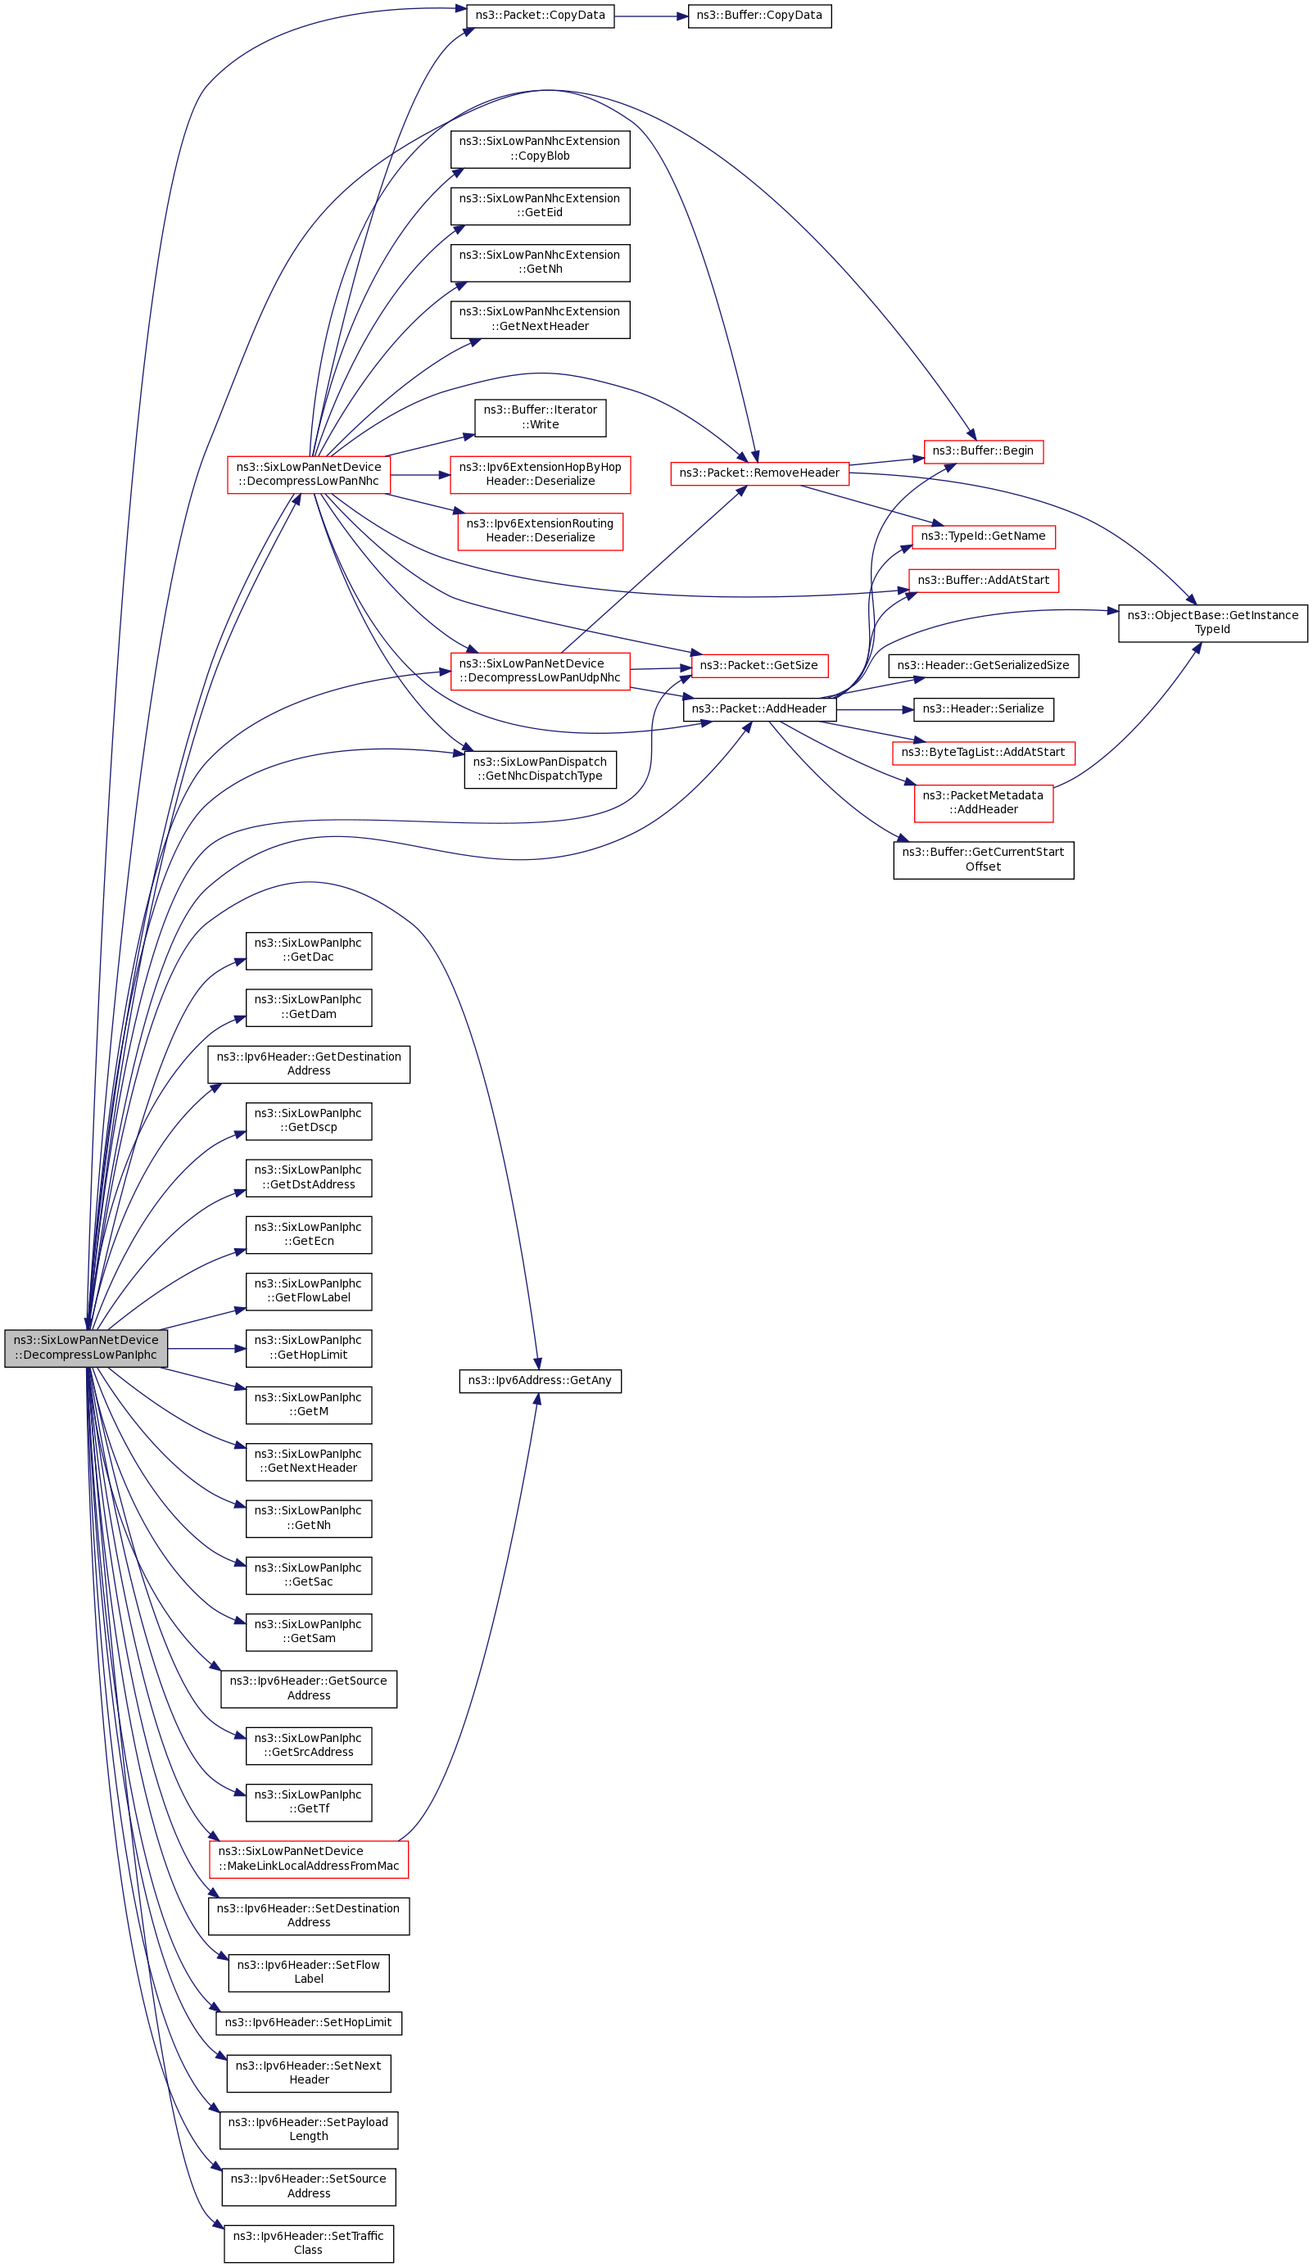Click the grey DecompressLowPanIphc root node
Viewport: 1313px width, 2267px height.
[85, 1347]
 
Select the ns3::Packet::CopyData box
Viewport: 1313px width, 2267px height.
[540, 16]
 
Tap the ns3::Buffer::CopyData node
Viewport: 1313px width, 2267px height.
[758, 16]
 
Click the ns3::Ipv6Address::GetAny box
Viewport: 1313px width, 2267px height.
[540, 1381]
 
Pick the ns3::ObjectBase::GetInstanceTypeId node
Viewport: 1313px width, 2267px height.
[1212, 622]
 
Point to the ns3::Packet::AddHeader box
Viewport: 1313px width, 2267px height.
[758, 709]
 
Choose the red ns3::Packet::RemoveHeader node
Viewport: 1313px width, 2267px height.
[758, 473]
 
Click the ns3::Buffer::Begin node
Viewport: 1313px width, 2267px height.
[983, 451]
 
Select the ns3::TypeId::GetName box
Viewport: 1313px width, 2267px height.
[983, 537]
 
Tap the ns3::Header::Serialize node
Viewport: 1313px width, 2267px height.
[983, 709]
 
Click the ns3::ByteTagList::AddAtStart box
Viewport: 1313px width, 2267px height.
[983, 753]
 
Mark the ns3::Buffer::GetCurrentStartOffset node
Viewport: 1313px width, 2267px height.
[983, 860]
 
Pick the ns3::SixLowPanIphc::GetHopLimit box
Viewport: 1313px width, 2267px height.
[308, 1347]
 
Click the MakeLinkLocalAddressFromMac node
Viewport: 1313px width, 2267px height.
[308, 1858]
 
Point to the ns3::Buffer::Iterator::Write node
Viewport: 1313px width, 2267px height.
[540, 418]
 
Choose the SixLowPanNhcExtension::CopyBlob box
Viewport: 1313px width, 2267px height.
[540, 148]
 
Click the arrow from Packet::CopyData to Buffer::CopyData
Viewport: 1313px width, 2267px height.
[650, 16]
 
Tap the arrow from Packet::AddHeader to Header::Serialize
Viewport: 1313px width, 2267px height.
[874, 710]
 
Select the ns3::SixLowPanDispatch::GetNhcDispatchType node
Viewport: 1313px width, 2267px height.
[540, 769]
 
